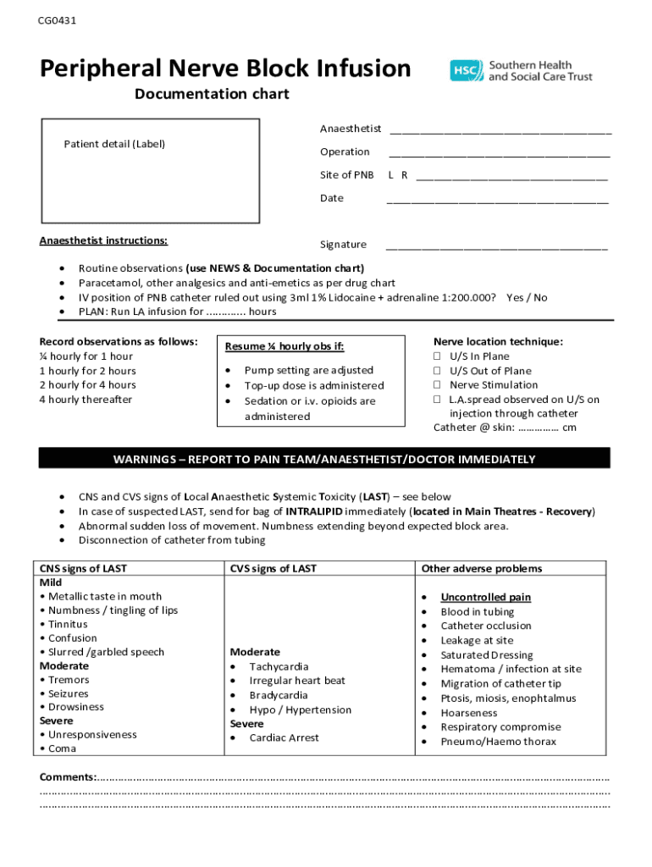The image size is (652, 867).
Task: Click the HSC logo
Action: [467, 70]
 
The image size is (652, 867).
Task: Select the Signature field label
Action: [343, 245]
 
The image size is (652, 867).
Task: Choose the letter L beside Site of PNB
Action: [390, 175]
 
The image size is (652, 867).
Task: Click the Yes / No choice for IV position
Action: [526, 297]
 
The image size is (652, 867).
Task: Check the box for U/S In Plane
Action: [438, 356]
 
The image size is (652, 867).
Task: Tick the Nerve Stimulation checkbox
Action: [438, 385]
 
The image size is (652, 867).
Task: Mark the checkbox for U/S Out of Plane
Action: [438, 371]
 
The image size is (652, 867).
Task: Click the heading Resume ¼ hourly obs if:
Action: [285, 346]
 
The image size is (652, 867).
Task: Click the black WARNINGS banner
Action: [324, 459]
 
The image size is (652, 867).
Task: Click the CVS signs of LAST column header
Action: [273, 569]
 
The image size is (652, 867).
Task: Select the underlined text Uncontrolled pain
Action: [485, 597]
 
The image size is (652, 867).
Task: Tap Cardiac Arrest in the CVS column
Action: [284, 737]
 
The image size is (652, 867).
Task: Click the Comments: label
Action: [68, 777]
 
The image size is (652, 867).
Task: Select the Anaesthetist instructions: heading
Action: [103, 240]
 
